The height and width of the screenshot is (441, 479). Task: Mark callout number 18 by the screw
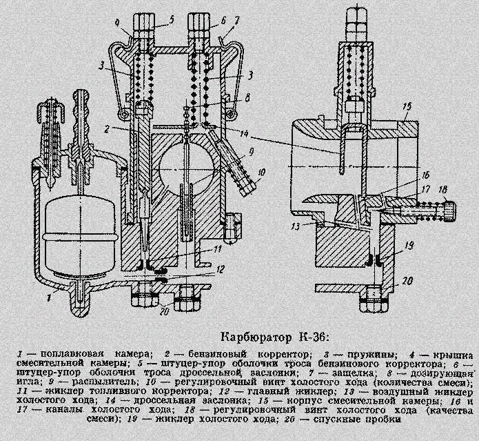click(444, 188)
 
